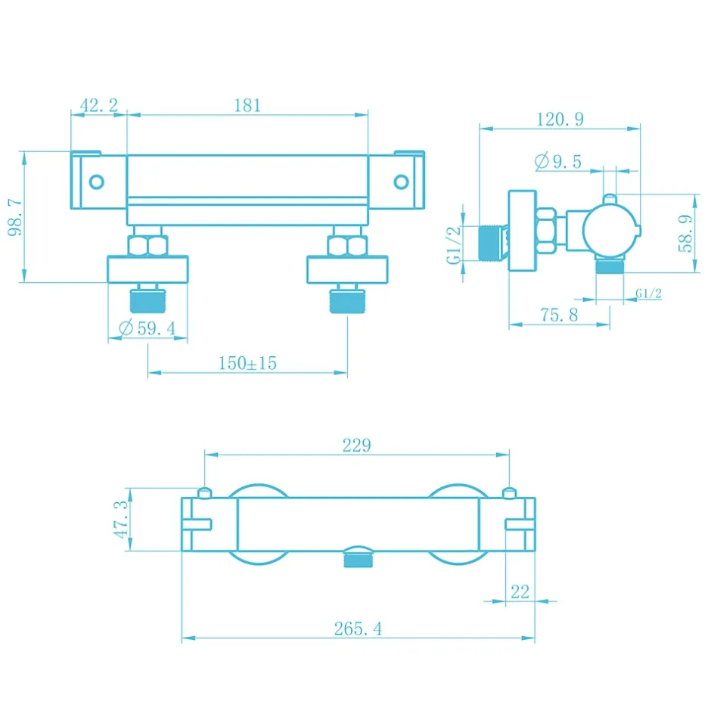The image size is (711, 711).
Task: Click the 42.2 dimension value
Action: [99, 105]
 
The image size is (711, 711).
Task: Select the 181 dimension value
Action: [247, 105]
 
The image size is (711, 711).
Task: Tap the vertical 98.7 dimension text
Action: [15, 217]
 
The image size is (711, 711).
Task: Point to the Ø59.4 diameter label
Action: [147, 328]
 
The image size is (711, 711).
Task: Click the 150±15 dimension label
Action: [247, 363]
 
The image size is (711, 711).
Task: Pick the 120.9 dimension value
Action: [560, 120]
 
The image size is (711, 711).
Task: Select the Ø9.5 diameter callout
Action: [557, 161]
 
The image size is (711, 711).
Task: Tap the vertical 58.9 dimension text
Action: [685, 233]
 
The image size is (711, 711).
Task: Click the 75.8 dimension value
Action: [559, 314]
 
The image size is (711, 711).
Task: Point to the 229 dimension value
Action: [356, 446]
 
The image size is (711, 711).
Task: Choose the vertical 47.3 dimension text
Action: [120, 520]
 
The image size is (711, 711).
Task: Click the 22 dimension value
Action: [520, 591]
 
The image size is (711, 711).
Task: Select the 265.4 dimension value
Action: [359, 629]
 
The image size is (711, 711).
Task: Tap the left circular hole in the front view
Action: [97, 182]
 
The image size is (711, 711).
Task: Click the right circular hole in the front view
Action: [401, 182]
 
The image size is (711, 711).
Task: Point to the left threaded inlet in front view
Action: [147, 301]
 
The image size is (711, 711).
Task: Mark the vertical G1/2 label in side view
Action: [453, 245]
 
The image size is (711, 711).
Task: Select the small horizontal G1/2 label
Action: [648, 293]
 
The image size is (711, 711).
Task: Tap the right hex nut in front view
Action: [347, 246]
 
